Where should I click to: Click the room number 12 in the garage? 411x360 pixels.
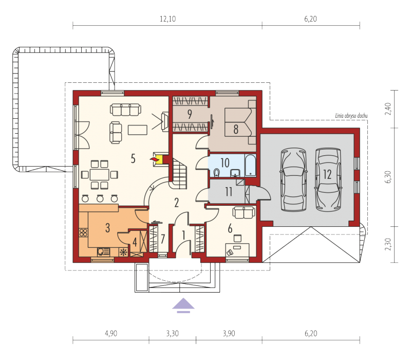(327, 174)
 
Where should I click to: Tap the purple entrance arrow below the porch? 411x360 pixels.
(183, 305)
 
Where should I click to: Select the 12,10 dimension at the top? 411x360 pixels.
(168, 19)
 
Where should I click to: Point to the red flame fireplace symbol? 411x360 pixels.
(153, 159)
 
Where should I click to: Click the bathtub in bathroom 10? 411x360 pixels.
(250, 165)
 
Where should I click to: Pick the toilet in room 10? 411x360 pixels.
(216, 172)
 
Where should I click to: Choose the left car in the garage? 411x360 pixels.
(293, 179)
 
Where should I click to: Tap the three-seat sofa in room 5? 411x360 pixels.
(125, 110)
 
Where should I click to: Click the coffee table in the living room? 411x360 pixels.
(138, 130)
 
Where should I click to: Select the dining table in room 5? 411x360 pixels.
(100, 174)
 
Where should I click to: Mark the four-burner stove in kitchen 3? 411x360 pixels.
(83, 232)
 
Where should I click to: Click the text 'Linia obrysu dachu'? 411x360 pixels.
(351, 115)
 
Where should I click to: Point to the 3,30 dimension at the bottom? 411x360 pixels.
(172, 333)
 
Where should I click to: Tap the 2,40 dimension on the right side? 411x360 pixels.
(388, 109)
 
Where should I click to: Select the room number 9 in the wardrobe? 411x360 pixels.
(190, 114)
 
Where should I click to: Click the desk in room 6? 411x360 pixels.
(237, 249)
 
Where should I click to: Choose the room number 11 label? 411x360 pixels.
(229, 192)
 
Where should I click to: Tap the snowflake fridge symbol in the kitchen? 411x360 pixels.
(123, 252)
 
